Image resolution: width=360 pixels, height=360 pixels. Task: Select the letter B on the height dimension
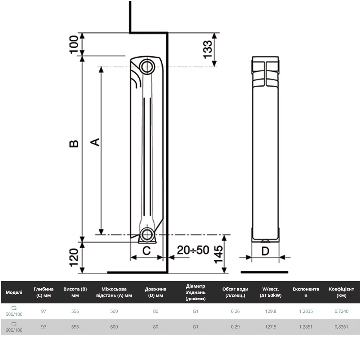[x=74, y=143]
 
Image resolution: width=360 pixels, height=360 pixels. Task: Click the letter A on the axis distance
[x=95, y=142]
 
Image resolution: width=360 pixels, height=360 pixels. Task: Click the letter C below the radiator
[x=146, y=251]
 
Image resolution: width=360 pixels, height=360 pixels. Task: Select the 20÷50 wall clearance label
[x=193, y=250]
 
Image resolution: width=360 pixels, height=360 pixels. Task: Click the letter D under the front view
[x=265, y=251]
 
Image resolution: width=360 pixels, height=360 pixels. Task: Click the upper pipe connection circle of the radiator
[x=147, y=66]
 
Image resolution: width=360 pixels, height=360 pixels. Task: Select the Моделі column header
[x=14, y=292]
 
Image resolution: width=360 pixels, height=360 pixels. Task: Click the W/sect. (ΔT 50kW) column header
[x=270, y=292]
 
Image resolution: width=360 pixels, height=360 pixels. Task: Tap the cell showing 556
[x=75, y=311]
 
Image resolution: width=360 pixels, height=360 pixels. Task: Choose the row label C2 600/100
[x=14, y=327]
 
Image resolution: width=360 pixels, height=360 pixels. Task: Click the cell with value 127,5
[x=270, y=327]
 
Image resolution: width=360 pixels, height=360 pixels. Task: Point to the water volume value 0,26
[x=235, y=311]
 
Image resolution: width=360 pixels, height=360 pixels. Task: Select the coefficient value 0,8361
[x=341, y=327]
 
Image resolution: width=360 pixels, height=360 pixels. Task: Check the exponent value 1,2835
[x=306, y=311]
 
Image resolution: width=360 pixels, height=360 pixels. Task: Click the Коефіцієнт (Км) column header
[x=341, y=292]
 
